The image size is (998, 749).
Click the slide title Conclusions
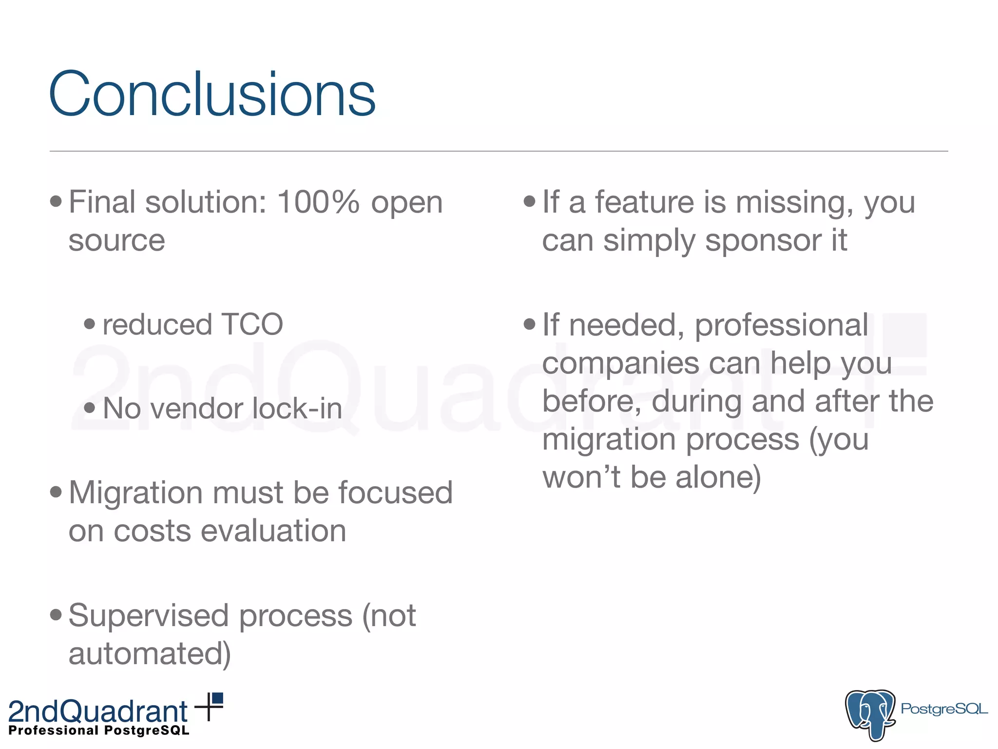pyautogui.click(x=212, y=94)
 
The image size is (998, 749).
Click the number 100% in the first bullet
pyautogui.click(x=318, y=202)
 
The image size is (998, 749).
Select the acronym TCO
pyautogui.click(x=252, y=325)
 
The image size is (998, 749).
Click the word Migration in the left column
pyautogui.click(x=135, y=493)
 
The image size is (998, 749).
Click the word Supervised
pyautogui.click(x=149, y=615)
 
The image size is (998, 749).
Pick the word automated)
pyautogui.click(x=150, y=654)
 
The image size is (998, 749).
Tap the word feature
pyautogui.click(x=644, y=202)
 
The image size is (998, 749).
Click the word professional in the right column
pyautogui.click(x=781, y=325)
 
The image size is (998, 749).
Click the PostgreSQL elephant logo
pyautogui.click(x=870, y=714)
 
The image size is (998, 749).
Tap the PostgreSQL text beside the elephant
pyautogui.click(x=943, y=709)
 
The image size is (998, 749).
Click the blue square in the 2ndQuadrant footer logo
pyautogui.click(x=217, y=698)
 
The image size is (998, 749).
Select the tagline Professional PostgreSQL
pyautogui.click(x=99, y=730)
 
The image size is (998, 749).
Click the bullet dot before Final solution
pyautogui.click(x=56, y=201)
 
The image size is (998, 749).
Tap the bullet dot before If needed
pyautogui.click(x=529, y=324)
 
